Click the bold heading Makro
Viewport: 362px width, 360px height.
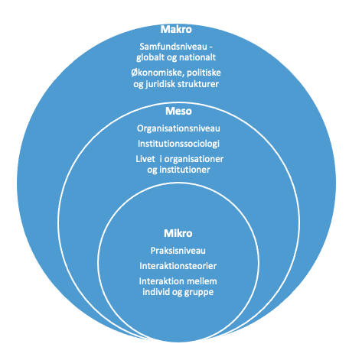click(x=176, y=29)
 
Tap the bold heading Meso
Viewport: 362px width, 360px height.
click(x=178, y=112)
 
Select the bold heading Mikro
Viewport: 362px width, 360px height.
click(x=178, y=233)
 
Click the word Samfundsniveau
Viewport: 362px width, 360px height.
click(x=173, y=47)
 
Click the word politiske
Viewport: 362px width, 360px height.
click(x=204, y=73)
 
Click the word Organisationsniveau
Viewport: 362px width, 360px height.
click(x=178, y=128)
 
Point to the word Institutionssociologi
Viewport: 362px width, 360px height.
click(x=178, y=144)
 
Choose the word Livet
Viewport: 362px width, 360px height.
click(x=145, y=159)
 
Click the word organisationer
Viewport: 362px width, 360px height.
click(x=194, y=159)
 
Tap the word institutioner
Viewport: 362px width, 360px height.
click(x=184, y=170)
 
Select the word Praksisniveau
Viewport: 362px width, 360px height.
click(x=178, y=251)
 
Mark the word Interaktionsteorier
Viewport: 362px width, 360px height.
click(x=178, y=266)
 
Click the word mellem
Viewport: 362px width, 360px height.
click(x=202, y=281)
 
